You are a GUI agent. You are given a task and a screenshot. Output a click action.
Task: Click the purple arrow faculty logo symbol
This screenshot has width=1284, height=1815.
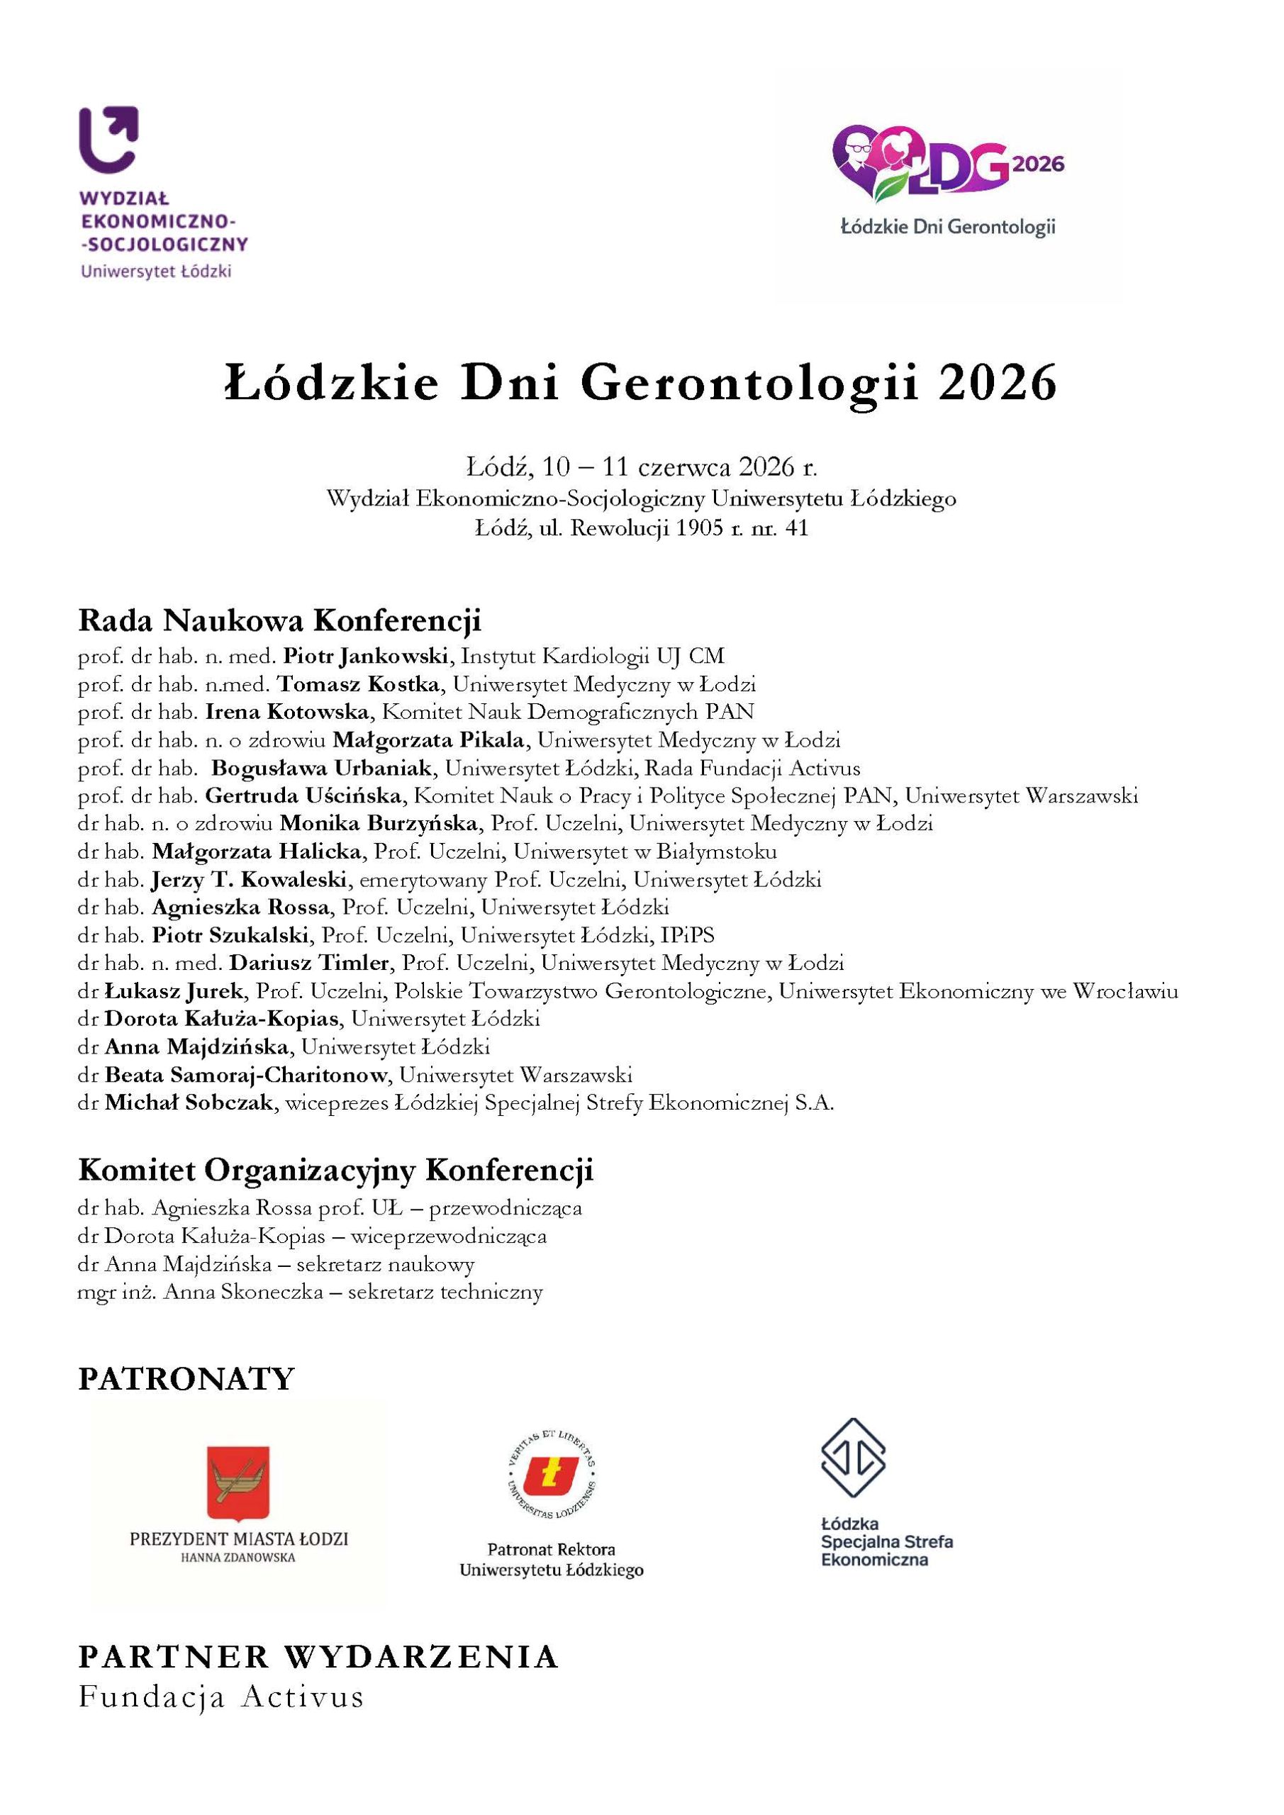(x=109, y=138)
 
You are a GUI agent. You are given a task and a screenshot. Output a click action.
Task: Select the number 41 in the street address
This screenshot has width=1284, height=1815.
(x=796, y=528)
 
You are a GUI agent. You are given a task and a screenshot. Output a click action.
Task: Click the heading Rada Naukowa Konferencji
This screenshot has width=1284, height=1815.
(x=279, y=620)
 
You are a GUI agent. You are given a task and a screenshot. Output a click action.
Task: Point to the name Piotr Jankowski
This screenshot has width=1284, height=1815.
(x=366, y=656)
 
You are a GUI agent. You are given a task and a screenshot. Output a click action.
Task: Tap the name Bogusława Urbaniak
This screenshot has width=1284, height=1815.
(x=322, y=768)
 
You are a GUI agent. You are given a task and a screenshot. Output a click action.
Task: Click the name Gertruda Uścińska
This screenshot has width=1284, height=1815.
(x=303, y=795)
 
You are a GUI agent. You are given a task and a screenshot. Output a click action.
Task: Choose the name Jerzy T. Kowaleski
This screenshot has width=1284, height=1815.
(x=250, y=879)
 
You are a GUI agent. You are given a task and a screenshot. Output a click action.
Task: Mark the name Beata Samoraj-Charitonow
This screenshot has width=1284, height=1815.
(x=246, y=1075)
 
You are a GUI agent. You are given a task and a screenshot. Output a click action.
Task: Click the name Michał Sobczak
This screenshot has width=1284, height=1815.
(x=189, y=1102)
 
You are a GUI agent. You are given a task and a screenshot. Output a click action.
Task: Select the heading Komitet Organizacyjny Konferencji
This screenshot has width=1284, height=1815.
(x=335, y=1170)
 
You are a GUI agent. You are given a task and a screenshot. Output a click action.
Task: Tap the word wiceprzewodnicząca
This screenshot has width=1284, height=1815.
(x=448, y=1236)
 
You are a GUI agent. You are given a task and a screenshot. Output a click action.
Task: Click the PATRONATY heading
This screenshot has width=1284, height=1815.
(x=186, y=1379)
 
